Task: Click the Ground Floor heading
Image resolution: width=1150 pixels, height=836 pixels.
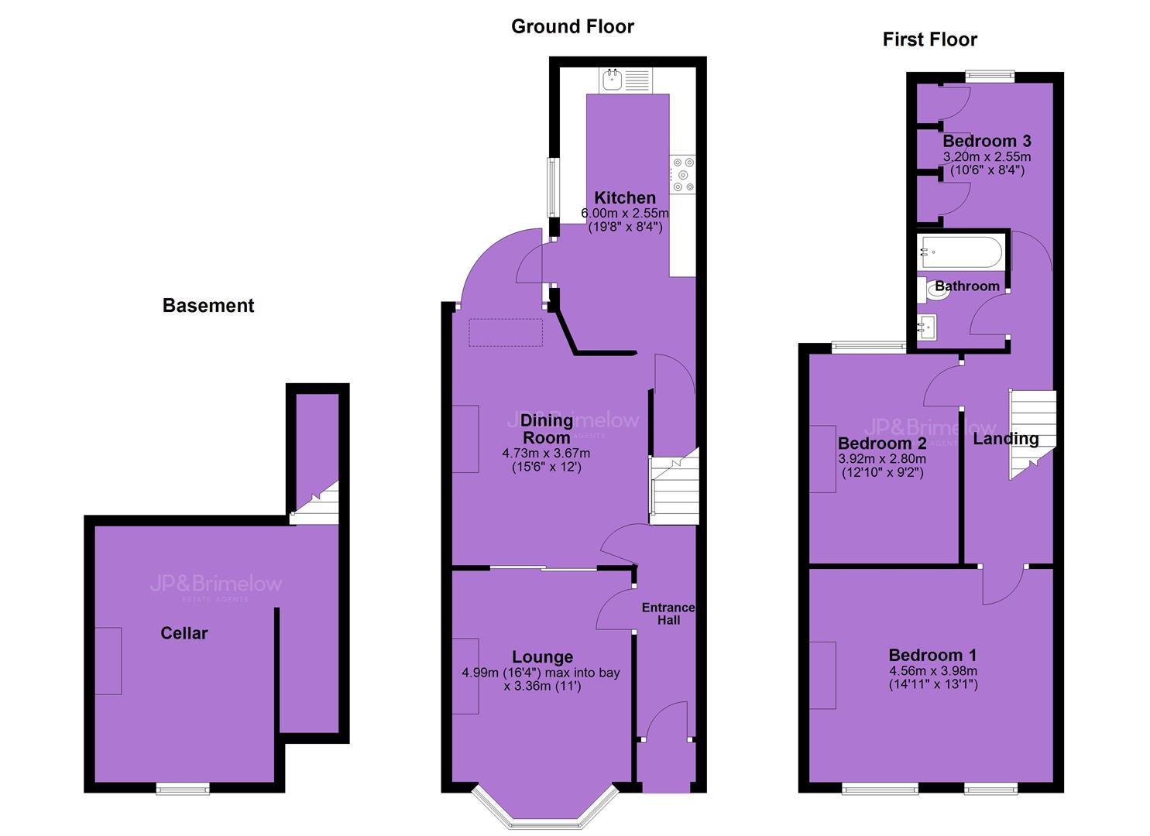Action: coord(572,26)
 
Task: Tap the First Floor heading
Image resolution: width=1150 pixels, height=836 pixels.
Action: coord(930,39)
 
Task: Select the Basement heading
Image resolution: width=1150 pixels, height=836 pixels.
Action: coord(208,305)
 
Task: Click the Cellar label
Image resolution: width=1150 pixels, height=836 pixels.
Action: coord(184,633)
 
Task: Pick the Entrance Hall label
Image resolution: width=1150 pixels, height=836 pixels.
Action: coord(668,614)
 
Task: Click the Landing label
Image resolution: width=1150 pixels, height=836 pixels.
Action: coord(1006,439)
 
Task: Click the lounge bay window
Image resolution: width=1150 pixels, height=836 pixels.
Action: coord(545,809)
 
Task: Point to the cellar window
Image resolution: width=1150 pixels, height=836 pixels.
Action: coord(183,789)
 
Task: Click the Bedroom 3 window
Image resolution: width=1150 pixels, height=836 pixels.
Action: coord(990,77)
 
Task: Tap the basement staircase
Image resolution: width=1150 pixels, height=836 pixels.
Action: coord(314,503)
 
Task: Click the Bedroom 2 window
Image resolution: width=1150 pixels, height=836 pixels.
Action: coord(869,348)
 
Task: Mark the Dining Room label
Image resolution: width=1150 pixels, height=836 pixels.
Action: coord(546,429)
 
